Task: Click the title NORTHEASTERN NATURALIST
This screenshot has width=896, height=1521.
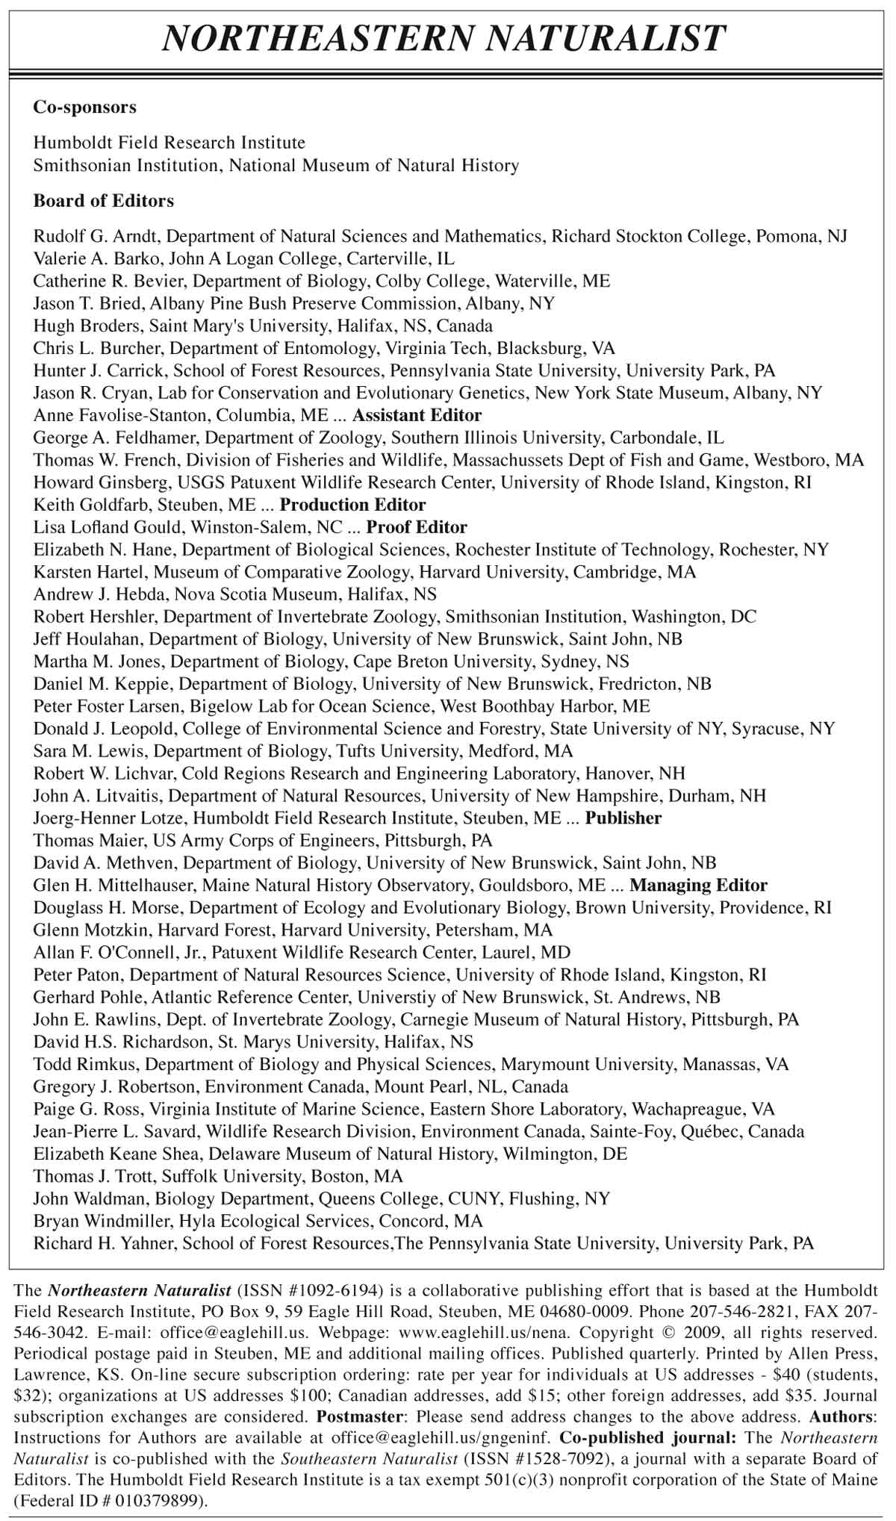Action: tap(444, 37)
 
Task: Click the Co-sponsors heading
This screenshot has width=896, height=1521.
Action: tap(84, 107)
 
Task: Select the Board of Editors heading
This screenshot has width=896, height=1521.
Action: tap(103, 201)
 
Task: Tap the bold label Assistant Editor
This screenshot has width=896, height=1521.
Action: tap(417, 415)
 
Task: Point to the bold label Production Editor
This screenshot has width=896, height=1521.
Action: tap(352, 505)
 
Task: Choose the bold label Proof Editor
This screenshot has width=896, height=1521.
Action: tap(417, 527)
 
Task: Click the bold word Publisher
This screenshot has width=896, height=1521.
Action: tap(623, 818)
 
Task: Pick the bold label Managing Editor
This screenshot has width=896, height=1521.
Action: tap(698, 886)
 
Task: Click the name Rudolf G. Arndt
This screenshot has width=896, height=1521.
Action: tap(97, 237)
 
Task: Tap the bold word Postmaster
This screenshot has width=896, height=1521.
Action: tap(361, 1415)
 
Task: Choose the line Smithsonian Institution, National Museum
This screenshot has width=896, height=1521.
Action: tap(276, 165)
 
